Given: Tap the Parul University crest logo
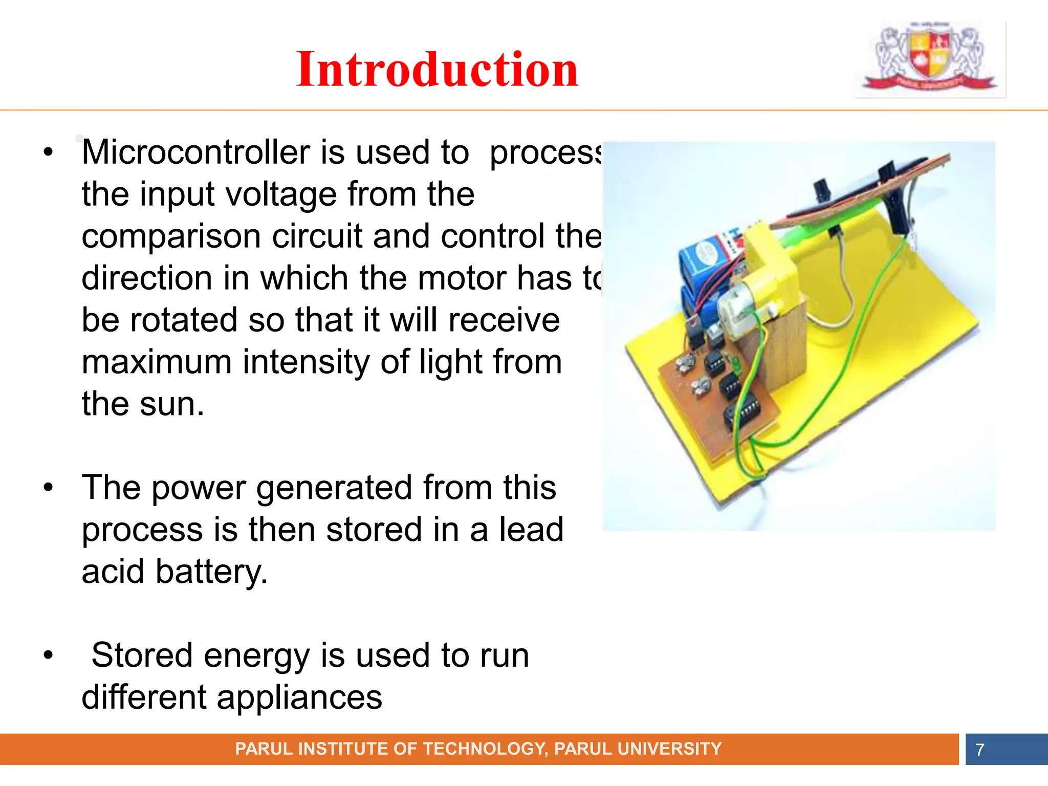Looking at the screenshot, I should [x=930, y=58].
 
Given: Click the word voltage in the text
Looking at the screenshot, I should [x=280, y=194].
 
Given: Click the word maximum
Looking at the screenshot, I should [x=157, y=362].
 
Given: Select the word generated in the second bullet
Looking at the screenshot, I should [x=334, y=488].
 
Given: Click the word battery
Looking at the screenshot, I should [x=211, y=572].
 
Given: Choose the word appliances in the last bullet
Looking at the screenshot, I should [x=299, y=697].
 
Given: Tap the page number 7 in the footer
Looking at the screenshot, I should [x=979, y=750].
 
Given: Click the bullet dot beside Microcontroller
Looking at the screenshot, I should [x=48, y=152].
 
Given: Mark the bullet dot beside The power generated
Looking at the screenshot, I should [x=48, y=487].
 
